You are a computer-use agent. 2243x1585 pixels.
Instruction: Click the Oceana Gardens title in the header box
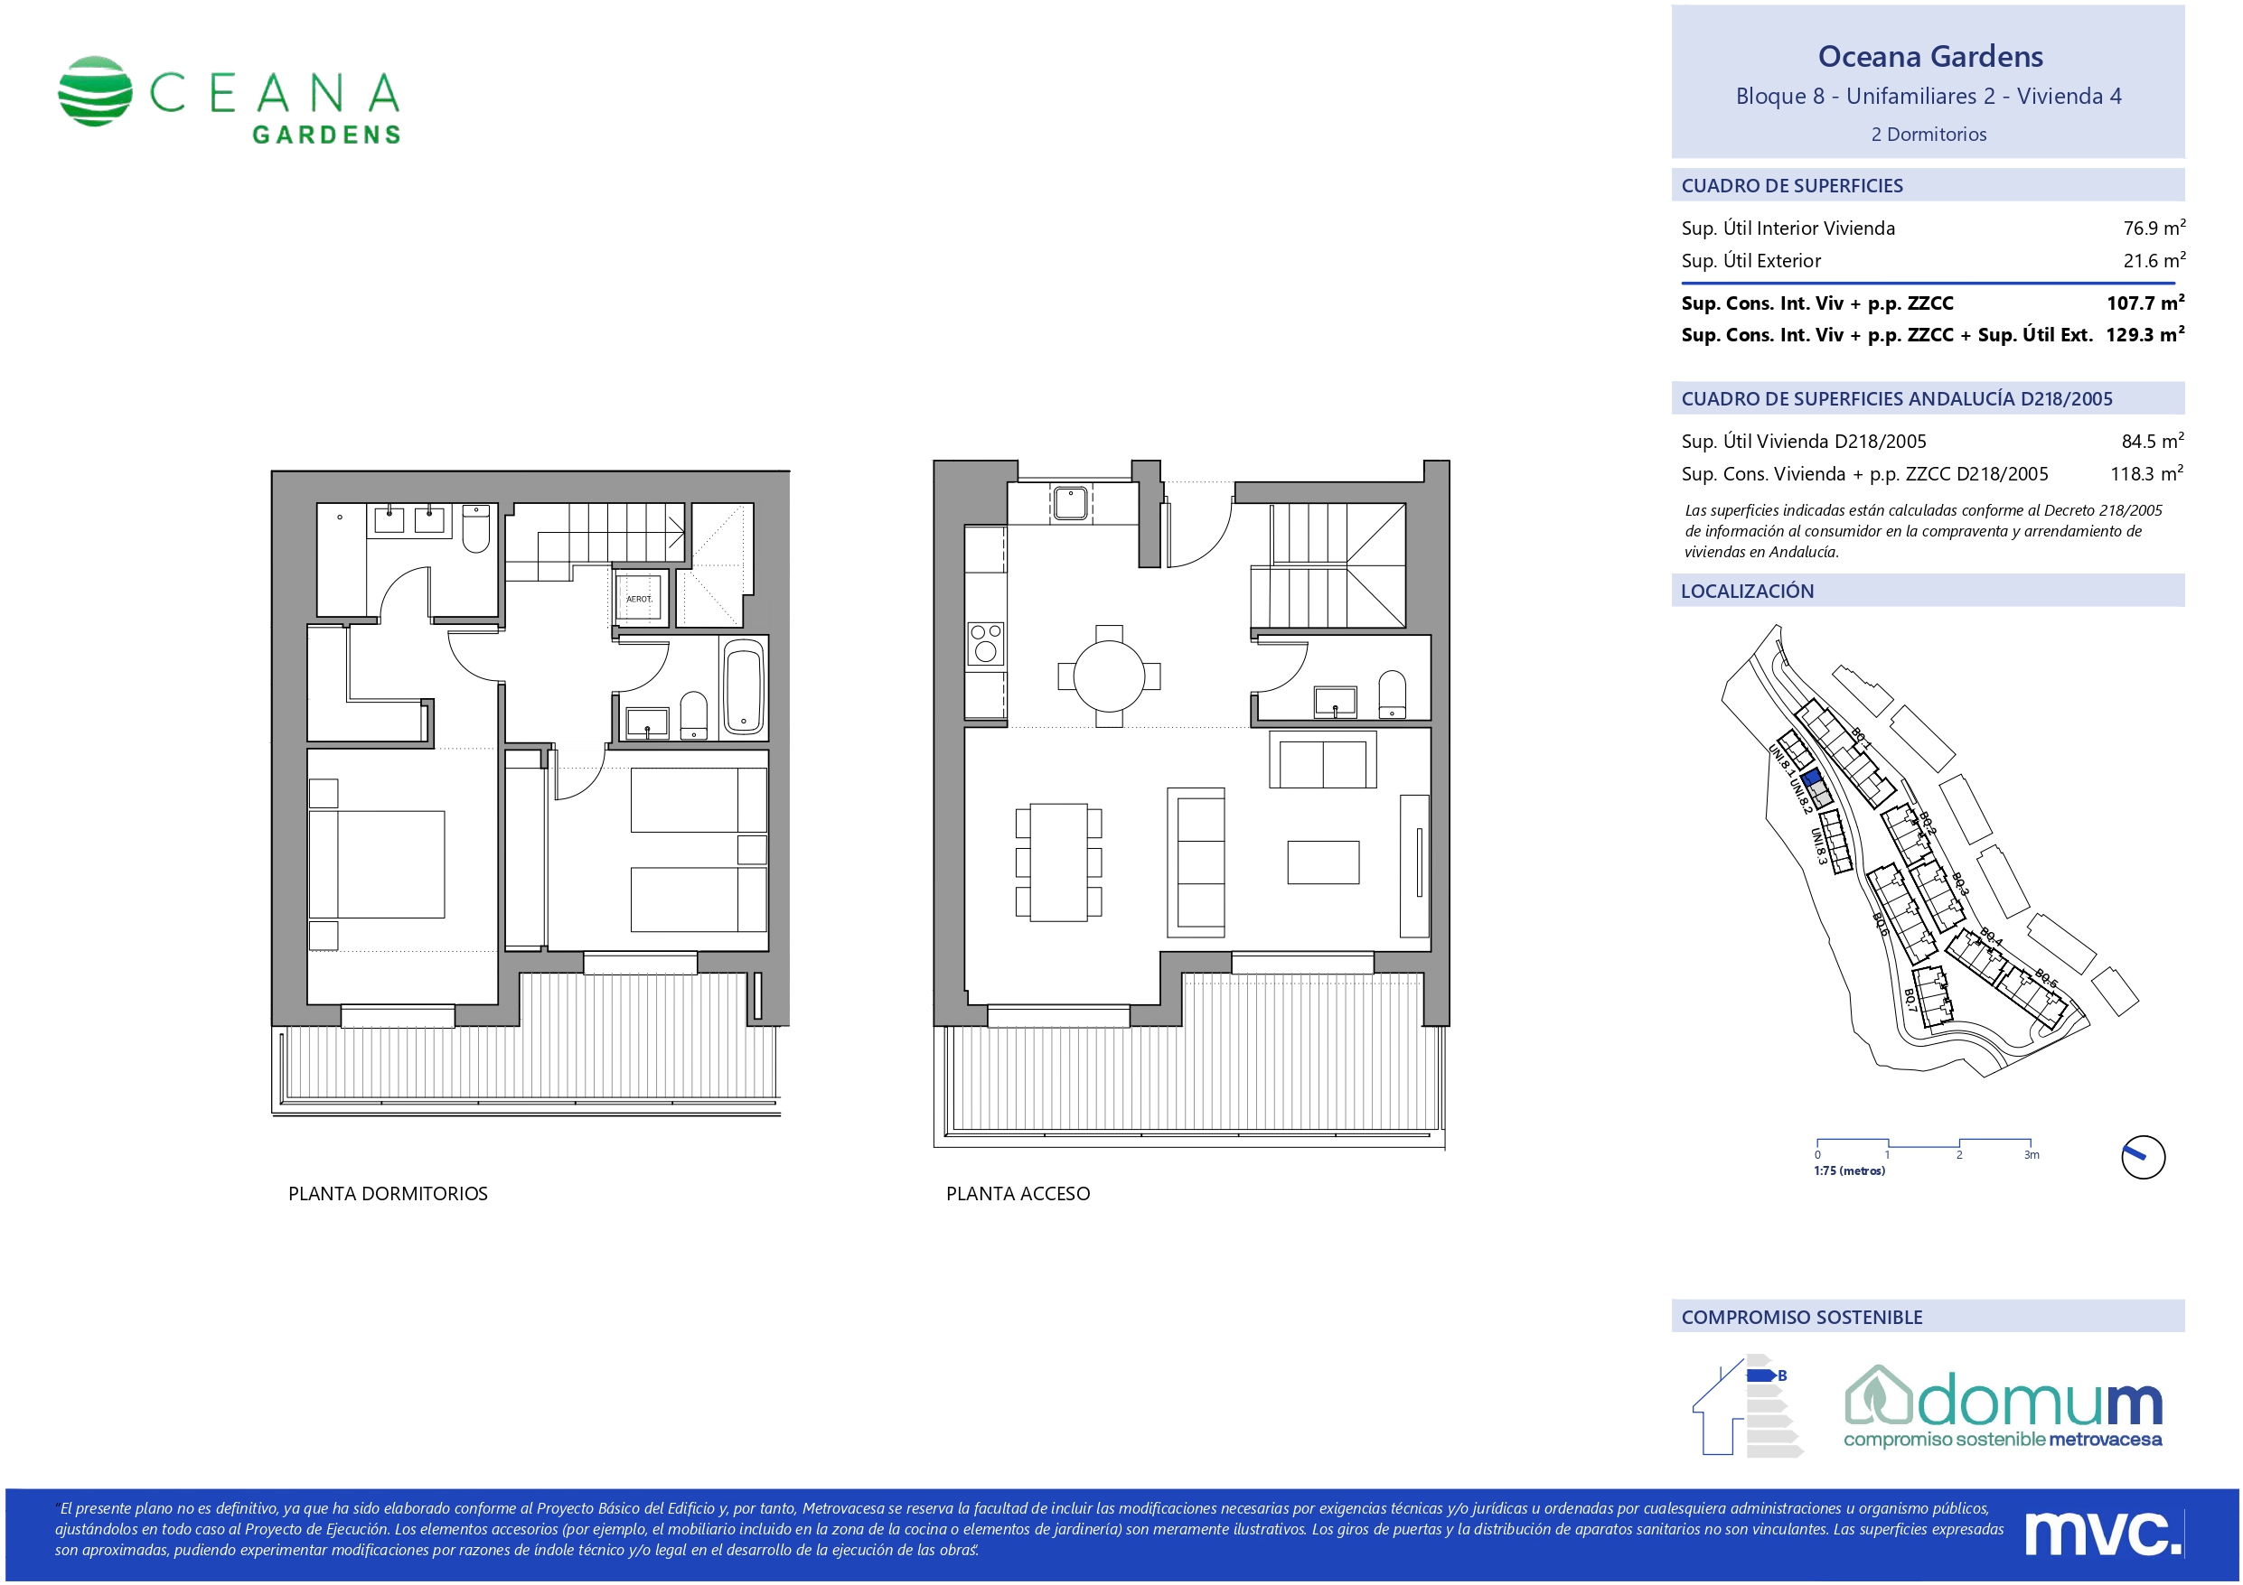[1929, 57]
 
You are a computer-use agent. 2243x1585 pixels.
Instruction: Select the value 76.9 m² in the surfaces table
[2154, 228]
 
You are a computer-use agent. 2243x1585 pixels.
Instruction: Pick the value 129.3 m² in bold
[2145, 334]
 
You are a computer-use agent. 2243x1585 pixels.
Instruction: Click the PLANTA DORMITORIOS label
[388, 1193]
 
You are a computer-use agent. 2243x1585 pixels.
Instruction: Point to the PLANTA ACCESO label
[1018, 1193]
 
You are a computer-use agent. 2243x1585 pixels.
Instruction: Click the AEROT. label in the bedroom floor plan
[639, 599]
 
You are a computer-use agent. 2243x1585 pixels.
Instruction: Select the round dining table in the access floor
[1109, 676]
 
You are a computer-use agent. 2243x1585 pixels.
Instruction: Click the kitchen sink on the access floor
[1071, 503]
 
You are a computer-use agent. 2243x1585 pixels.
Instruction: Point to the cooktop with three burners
[986, 644]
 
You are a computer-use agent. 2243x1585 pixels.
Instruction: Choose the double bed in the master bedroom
[377, 864]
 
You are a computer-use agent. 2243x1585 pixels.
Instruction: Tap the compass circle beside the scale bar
[2144, 1157]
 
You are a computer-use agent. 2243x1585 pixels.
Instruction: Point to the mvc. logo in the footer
[2103, 1534]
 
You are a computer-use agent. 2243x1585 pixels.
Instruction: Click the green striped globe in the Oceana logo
[95, 91]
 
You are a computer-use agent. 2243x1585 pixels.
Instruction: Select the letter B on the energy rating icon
[1782, 1375]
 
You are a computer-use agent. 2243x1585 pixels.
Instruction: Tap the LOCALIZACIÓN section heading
[1747, 591]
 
